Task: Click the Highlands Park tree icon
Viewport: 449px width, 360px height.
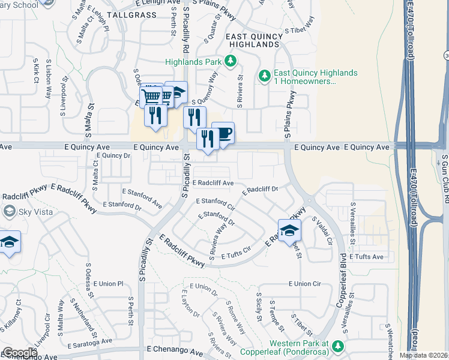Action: pyautogui.click(x=229, y=61)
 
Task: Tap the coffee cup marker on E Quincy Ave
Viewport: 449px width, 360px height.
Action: pyautogui.click(x=223, y=133)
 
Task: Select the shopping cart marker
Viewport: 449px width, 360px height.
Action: pyautogui.click(x=151, y=97)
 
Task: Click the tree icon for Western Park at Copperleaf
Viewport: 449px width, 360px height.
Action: pyautogui.click(x=338, y=346)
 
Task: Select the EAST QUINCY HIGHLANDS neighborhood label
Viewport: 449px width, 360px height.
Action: pyautogui.click(x=255, y=40)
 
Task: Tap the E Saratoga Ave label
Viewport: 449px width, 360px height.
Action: pyautogui.click(x=89, y=341)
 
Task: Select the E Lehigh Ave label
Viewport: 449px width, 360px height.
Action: pyautogui.click(x=151, y=4)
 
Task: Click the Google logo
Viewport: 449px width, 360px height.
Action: pyautogui.click(x=19, y=353)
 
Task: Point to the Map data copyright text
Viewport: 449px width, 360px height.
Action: pyautogui.click(x=423, y=355)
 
